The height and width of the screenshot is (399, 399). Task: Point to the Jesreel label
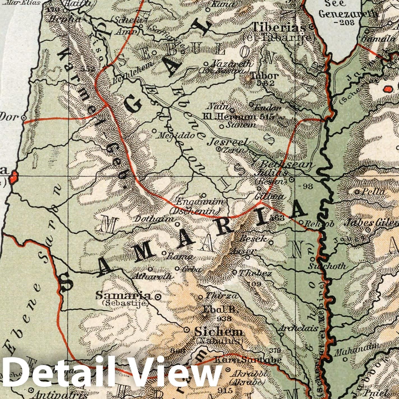pyautogui.click(x=228, y=142)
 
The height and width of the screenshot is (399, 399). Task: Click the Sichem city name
pyautogui.click(x=219, y=332)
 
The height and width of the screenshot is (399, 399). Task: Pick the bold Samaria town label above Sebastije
pyautogui.click(x=124, y=295)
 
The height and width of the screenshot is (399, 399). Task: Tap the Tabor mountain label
pyautogui.click(x=265, y=76)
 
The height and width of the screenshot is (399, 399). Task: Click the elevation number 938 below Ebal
pyautogui.click(x=224, y=319)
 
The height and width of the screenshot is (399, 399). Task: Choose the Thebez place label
pyautogui.click(x=255, y=273)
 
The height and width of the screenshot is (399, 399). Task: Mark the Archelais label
pyautogui.click(x=298, y=328)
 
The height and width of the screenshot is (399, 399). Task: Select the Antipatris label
pyautogui.click(x=59, y=395)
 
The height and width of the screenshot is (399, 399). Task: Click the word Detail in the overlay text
pyautogui.click(x=56, y=373)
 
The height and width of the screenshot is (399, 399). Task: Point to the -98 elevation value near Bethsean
pyautogui.click(x=306, y=186)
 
